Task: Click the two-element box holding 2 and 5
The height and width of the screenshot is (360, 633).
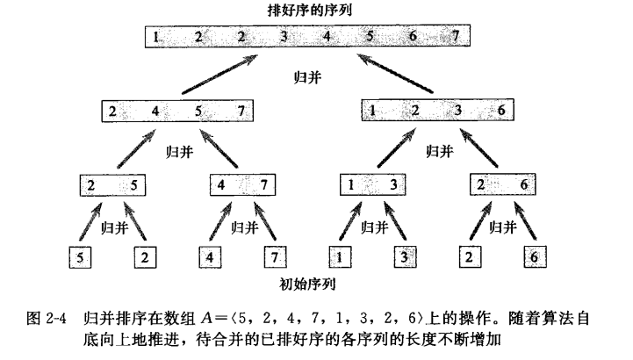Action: tap(111, 187)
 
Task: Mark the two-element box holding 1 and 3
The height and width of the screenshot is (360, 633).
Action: tap(372, 187)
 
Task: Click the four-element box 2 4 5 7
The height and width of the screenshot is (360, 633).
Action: tap(176, 112)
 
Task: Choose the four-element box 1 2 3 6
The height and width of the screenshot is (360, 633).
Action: tap(437, 112)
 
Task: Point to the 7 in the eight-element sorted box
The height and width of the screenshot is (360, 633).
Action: tap(456, 38)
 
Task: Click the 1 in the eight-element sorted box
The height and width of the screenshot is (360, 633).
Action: tap(155, 38)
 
